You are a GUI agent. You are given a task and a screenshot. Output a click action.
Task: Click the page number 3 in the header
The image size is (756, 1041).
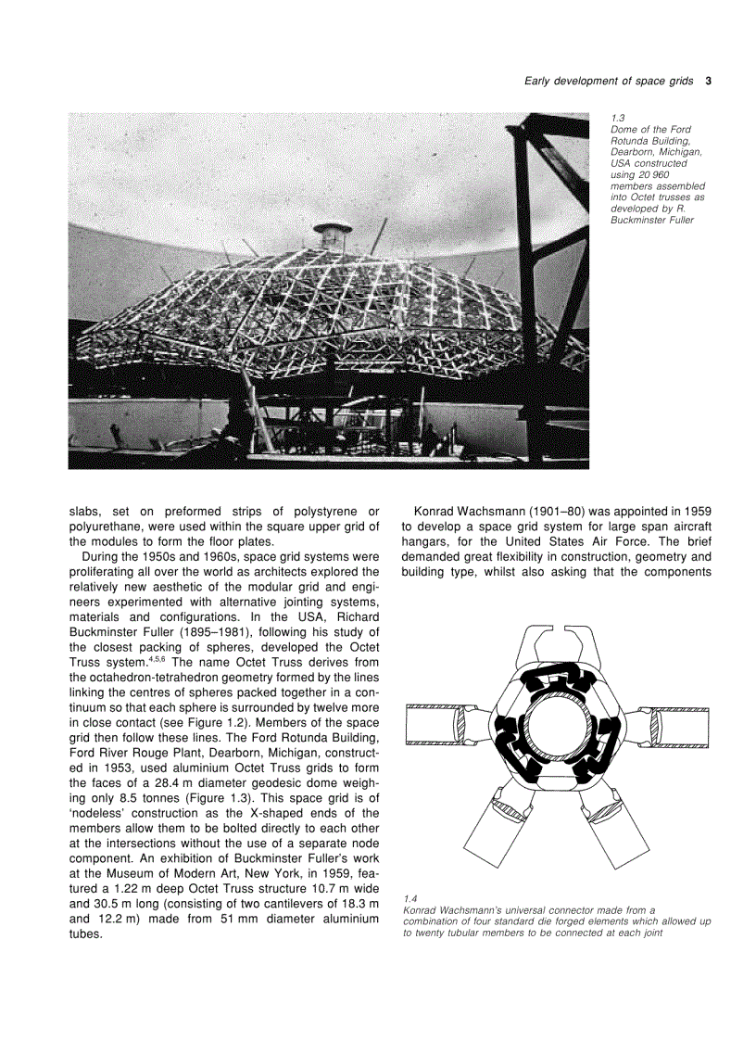(x=708, y=82)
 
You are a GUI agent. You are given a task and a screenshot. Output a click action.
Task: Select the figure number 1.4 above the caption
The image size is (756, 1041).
(x=410, y=898)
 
